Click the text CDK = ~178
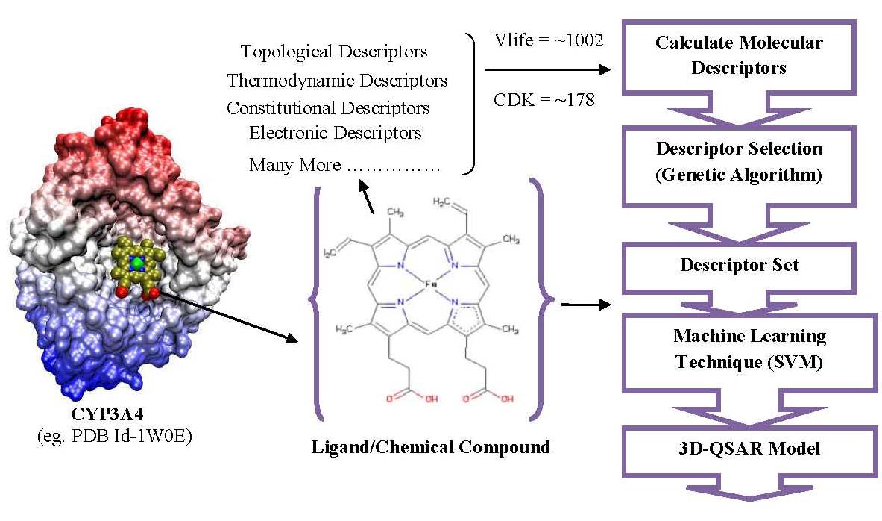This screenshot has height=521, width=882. coord(544,99)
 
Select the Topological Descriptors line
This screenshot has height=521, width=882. coord(334,52)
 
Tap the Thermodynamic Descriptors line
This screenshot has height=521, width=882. coord(337,80)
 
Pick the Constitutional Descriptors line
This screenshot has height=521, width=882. coord(328,107)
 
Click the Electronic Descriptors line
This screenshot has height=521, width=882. coord(335,134)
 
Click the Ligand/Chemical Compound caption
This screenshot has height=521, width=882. coord(430,447)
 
